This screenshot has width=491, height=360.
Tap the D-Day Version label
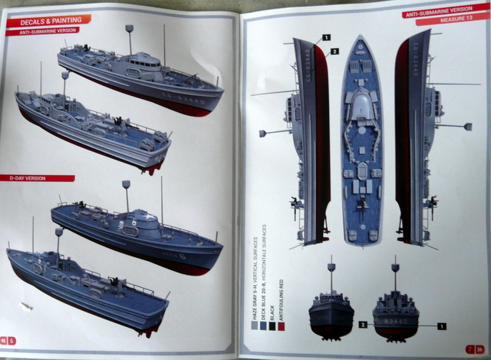[x=29, y=177]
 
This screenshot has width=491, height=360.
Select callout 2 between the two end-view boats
[x=362, y=324]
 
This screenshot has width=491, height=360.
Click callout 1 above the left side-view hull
[x=326, y=37]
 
